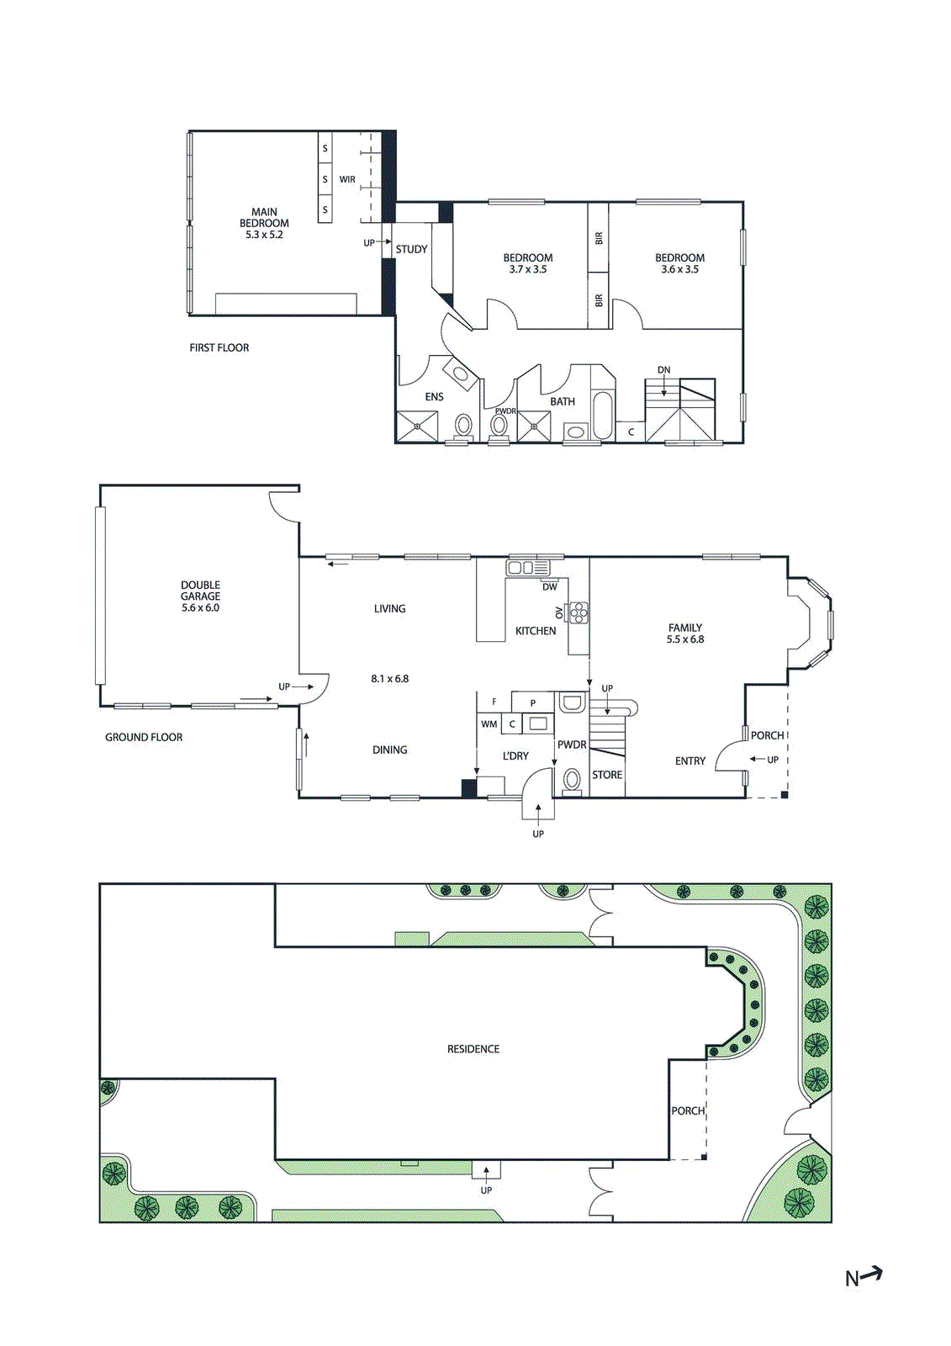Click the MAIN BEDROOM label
tap(264, 218)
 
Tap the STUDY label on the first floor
tap(411, 250)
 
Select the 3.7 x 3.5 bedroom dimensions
tap(528, 270)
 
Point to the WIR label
tap(347, 180)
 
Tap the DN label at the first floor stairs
tap(663, 370)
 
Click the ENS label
tap(434, 397)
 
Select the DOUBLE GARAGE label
tap(200, 591)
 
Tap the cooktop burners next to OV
tap(579, 612)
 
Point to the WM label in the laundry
tap(489, 724)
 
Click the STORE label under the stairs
tap(607, 775)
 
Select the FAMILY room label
tap(685, 628)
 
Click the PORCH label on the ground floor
tap(767, 735)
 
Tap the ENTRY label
tap(690, 761)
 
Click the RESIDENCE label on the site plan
tap(473, 1049)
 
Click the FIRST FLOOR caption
tap(219, 347)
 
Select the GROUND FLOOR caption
tap(144, 738)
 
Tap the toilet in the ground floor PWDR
tap(572, 780)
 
